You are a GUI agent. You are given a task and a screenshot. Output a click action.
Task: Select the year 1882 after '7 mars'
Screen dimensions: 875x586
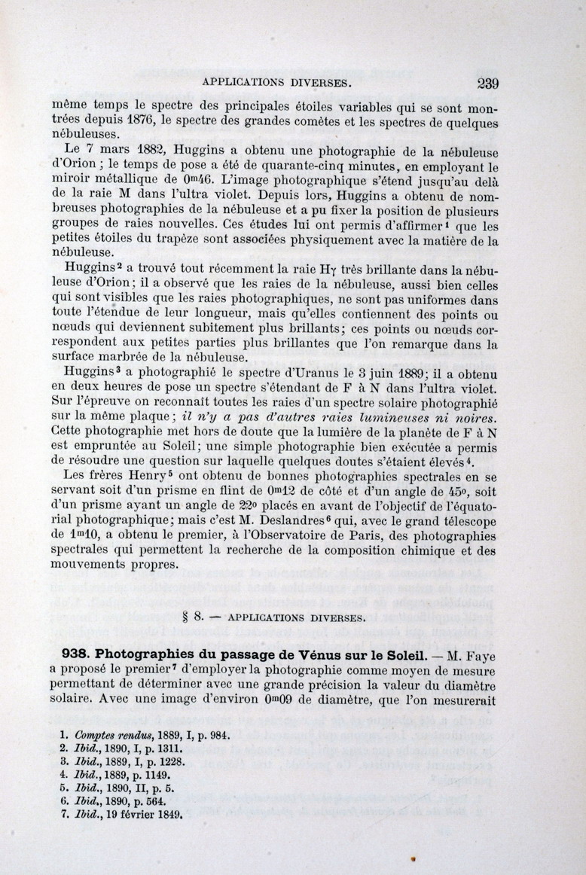pyautogui.click(x=147, y=150)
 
